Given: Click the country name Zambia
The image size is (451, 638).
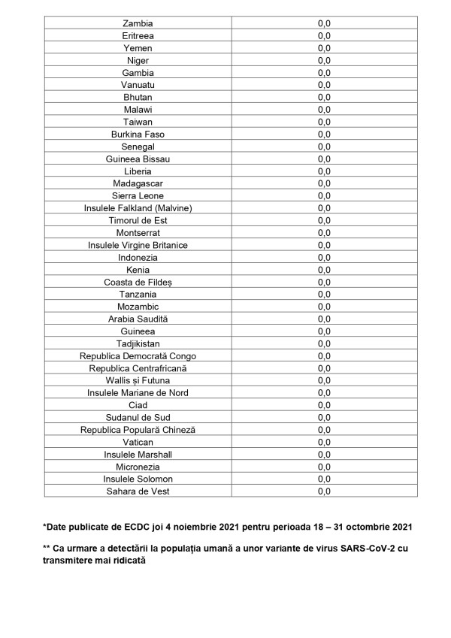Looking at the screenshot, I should pyautogui.click(x=138, y=23).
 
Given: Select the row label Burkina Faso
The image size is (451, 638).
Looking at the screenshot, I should pyautogui.click(x=138, y=135).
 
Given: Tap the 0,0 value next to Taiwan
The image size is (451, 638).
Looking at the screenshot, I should pyautogui.click(x=324, y=122).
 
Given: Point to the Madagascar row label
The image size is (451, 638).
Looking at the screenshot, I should pyautogui.click(x=138, y=183).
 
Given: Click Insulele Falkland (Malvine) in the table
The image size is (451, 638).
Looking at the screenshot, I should pyautogui.click(x=138, y=208).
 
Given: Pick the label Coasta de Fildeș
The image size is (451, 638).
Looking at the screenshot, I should pyautogui.click(x=138, y=282).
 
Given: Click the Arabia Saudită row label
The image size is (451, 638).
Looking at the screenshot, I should pyautogui.click(x=138, y=319).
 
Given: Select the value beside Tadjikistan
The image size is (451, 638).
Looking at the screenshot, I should pyautogui.click(x=324, y=343).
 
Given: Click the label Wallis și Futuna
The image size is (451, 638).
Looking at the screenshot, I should pyautogui.click(x=138, y=380).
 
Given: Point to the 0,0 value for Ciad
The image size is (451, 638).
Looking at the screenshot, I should pyautogui.click(x=324, y=405).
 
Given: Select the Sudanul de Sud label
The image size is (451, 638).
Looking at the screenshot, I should pyautogui.click(x=138, y=417).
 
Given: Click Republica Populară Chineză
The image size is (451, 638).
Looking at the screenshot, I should pyautogui.click(x=138, y=430).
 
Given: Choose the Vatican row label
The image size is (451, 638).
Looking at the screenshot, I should pyautogui.click(x=138, y=442).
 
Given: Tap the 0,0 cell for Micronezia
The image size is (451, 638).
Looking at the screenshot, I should pyautogui.click(x=324, y=467).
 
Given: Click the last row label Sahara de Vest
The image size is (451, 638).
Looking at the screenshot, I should pyautogui.click(x=138, y=491).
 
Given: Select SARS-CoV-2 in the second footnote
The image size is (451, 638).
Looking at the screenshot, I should pyautogui.click(x=353, y=549).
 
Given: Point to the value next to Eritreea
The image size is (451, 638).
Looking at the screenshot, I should pyautogui.click(x=324, y=36).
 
